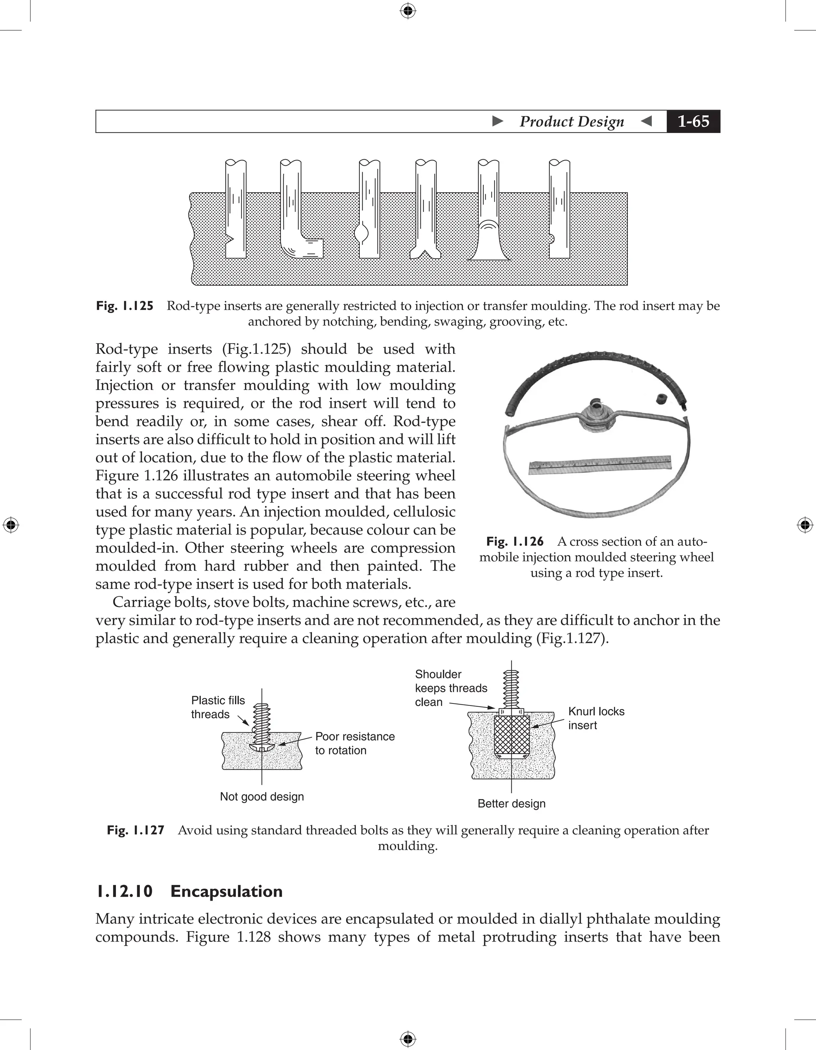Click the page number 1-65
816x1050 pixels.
point(693,121)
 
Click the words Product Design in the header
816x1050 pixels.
point(571,121)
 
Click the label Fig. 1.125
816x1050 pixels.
point(125,306)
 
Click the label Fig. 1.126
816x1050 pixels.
point(514,541)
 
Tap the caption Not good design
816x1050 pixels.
point(262,797)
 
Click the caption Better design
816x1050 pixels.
point(511,803)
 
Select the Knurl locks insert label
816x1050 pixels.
point(596,718)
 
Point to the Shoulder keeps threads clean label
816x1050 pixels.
point(450,688)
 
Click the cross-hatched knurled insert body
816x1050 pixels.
point(512,736)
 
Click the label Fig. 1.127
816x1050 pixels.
point(135,830)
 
